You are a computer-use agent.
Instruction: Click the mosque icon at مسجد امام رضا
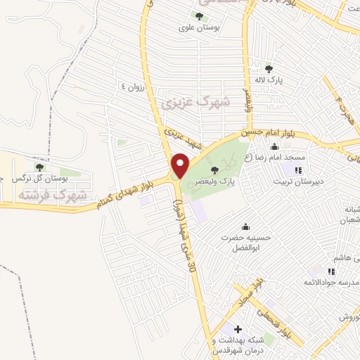(x=274, y=146)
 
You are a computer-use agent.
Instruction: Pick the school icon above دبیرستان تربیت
(x=298, y=169)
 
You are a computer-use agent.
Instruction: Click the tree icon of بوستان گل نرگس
(x=39, y=167)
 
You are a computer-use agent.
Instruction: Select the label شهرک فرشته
(x=53, y=193)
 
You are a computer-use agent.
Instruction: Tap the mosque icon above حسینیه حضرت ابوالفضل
(x=245, y=226)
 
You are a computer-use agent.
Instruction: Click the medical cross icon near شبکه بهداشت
(x=238, y=329)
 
